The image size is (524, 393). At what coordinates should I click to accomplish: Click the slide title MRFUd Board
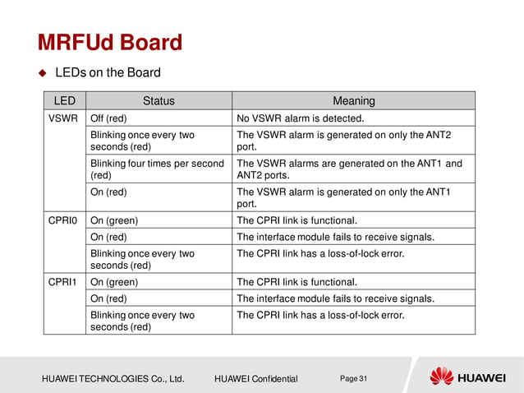pyautogui.click(x=109, y=42)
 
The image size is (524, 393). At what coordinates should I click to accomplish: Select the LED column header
pyautogui.click(x=65, y=101)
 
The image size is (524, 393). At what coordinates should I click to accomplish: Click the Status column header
pyautogui.click(x=159, y=101)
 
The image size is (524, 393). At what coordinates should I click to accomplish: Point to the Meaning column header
pyautogui.click(x=353, y=101)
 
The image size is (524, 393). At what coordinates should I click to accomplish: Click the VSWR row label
pyautogui.click(x=64, y=118)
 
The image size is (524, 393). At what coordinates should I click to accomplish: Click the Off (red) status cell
pyautogui.click(x=108, y=118)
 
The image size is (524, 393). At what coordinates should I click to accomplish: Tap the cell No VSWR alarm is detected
pyautogui.click(x=300, y=118)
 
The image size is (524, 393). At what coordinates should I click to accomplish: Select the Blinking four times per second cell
pyautogui.click(x=157, y=169)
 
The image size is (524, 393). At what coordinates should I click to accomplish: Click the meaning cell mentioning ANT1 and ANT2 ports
pyautogui.click(x=349, y=169)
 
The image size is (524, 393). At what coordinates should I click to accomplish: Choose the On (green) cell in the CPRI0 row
pyautogui.click(x=113, y=220)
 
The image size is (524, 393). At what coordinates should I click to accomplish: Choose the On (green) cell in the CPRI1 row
pyautogui.click(x=113, y=281)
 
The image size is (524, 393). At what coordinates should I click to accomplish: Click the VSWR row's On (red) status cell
pyautogui.click(x=108, y=192)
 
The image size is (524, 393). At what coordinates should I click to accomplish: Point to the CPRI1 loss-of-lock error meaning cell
pyautogui.click(x=320, y=315)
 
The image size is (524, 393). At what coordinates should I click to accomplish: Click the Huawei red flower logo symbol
pyautogui.click(x=442, y=377)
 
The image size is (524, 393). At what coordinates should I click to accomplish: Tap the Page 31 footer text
pyautogui.click(x=353, y=377)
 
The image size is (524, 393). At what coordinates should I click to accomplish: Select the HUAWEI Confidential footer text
pyautogui.click(x=255, y=378)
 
